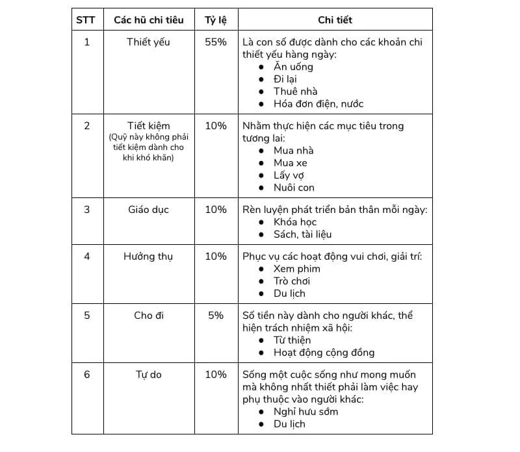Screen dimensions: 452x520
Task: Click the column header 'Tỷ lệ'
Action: [216, 20]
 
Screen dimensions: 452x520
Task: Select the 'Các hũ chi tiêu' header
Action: [149, 20]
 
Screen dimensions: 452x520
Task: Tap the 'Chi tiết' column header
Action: [335, 20]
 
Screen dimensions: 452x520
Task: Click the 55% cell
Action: [216, 42]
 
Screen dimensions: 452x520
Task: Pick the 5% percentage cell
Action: [216, 316]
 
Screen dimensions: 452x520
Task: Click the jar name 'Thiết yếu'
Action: [149, 42]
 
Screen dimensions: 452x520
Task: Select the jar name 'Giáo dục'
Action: [149, 210]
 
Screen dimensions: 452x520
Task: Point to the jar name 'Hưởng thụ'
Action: [149, 257]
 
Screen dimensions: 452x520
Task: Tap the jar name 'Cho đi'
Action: [149, 316]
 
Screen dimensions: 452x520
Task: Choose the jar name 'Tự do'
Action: [149, 375]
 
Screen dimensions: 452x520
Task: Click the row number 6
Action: [87, 375]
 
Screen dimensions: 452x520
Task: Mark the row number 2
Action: [87, 126]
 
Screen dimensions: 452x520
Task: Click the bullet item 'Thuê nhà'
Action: [295, 92]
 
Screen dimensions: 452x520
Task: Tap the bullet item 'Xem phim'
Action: [297, 269]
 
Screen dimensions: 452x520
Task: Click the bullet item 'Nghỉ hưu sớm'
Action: [305, 412]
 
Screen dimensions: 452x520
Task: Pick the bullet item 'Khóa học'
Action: [295, 222]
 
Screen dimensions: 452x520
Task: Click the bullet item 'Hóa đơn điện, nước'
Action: [318, 104]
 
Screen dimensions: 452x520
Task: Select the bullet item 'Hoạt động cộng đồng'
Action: [324, 353]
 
